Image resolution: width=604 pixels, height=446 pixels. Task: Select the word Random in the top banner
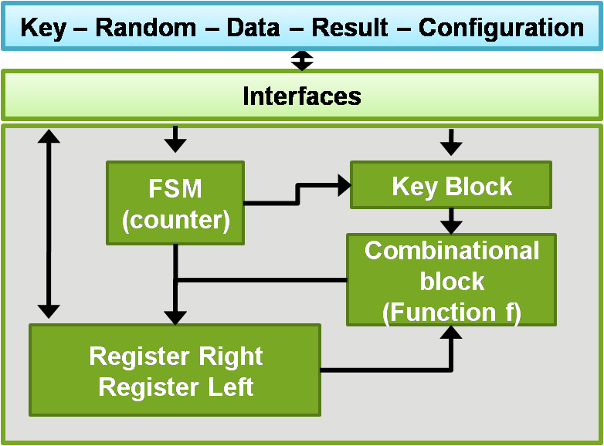tap(145, 29)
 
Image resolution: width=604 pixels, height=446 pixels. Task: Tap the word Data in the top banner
tap(253, 29)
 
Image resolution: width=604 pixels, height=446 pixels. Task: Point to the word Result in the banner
tap(349, 29)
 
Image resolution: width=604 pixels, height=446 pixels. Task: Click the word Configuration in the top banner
tap(501, 29)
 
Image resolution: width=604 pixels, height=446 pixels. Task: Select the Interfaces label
tap(302, 96)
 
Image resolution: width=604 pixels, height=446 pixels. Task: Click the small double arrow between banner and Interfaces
tap(302, 60)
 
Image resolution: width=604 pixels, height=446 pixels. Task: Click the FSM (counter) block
tap(176, 204)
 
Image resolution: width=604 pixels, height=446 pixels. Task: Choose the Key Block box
tap(451, 185)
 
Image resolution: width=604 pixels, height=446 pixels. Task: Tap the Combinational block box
tap(451, 280)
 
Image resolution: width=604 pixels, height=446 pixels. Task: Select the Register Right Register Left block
tap(175, 370)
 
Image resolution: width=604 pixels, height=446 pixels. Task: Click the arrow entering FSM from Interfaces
tap(176, 140)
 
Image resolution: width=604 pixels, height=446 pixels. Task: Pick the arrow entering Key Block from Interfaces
tap(450, 141)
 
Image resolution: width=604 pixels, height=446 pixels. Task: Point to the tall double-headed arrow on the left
tap(49, 224)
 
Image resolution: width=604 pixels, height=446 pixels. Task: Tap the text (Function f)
tap(452, 312)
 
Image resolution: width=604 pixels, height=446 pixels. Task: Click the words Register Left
tap(175, 387)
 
